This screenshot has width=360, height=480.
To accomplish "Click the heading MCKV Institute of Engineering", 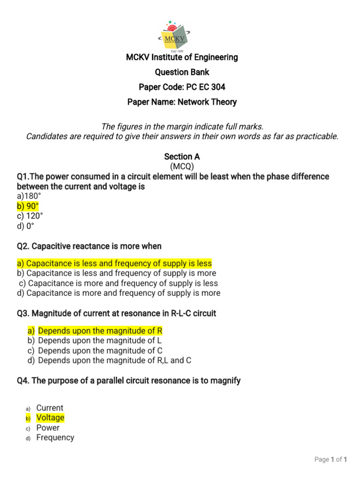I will pyautogui.click(x=182, y=58).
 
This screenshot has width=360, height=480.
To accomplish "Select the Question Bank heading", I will pyautogui.click(x=182, y=72).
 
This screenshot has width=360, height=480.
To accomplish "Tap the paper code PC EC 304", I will pyautogui.click(x=182, y=87).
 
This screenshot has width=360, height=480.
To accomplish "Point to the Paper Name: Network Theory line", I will pyautogui.click(x=182, y=102).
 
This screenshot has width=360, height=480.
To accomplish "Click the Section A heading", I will pyautogui.click(x=182, y=157).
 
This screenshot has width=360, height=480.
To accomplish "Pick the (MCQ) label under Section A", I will pyautogui.click(x=182, y=166).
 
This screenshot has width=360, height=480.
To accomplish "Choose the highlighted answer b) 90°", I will pyautogui.click(x=28, y=206).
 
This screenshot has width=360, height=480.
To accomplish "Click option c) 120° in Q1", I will pyautogui.click(x=30, y=216).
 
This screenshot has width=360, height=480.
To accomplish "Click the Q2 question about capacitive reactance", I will pyautogui.click(x=89, y=247).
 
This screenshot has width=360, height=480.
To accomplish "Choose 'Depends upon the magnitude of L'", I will pyautogui.click(x=100, y=341).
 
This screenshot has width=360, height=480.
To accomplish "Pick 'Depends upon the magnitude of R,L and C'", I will pyautogui.click(x=114, y=360).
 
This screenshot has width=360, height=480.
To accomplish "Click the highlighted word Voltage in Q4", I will pyautogui.click(x=50, y=418).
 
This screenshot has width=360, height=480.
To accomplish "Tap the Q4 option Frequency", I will pyautogui.click(x=55, y=437).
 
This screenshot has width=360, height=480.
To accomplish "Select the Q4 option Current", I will pyautogui.click(x=50, y=408).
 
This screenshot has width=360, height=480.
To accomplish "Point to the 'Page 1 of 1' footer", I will pyautogui.click(x=330, y=460).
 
